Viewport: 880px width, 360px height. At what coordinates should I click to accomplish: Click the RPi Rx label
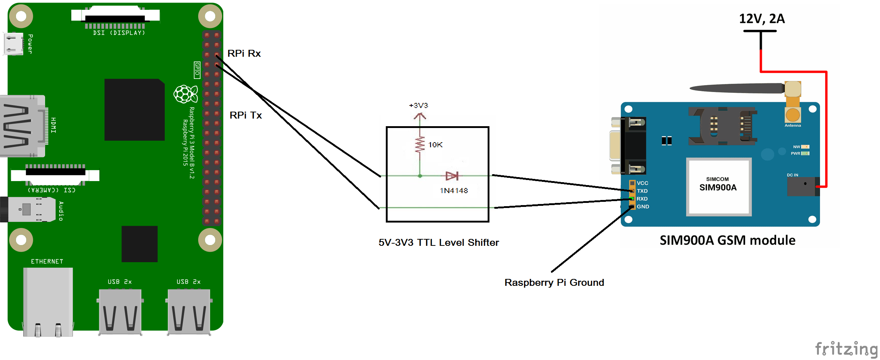click(x=244, y=53)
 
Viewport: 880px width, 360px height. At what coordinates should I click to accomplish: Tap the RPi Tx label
click(x=245, y=115)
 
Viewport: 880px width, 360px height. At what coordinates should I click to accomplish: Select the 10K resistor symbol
click(x=420, y=145)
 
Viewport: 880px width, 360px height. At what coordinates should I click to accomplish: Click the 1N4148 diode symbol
click(x=452, y=176)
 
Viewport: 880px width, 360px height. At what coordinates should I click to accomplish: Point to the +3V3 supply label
click(x=419, y=105)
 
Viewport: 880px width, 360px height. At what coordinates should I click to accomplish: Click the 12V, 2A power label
click(x=762, y=19)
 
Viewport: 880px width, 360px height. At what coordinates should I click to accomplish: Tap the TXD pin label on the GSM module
click(x=642, y=191)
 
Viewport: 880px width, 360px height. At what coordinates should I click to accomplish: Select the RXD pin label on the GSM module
click(x=642, y=199)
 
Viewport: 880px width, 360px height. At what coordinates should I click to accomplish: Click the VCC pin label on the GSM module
click(x=642, y=183)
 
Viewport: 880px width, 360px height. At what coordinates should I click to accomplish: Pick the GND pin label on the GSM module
click(x=643, y=207)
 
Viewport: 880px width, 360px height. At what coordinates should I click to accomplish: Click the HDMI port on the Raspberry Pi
click(x=23, y=126)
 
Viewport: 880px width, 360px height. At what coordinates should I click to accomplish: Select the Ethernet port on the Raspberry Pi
click(x=48, y=302)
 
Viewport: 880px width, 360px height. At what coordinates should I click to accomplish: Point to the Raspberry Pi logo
click(x=186, y=94)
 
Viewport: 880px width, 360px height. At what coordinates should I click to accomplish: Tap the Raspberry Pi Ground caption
click(x=554, y=283)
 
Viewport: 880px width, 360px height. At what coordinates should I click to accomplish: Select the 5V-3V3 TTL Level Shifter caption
click(x=439, y=243)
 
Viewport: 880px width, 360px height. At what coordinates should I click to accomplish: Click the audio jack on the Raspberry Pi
click(x=27, y=209)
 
